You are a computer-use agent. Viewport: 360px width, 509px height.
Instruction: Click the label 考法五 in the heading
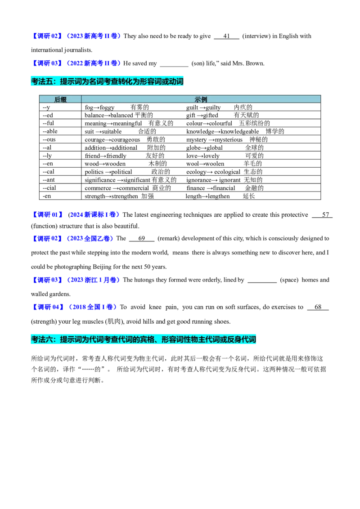point(41,82)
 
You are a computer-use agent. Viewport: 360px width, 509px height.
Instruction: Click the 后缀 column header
point(60,100)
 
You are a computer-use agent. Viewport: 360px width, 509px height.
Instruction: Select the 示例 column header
point(201,100)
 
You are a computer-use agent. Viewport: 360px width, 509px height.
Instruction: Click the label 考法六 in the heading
point(41,340)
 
